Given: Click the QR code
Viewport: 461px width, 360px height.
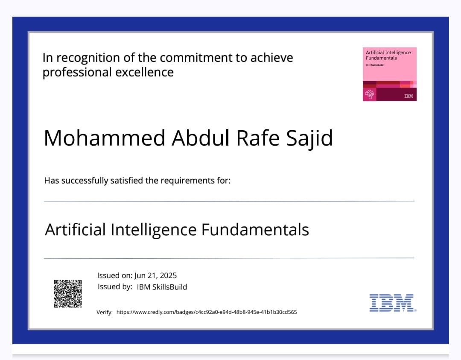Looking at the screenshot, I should (67, 293).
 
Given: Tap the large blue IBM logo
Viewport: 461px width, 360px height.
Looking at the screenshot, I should (391, 303).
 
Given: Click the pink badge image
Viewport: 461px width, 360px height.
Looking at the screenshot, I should (389, 74).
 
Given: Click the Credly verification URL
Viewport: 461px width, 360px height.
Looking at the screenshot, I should (207, 312).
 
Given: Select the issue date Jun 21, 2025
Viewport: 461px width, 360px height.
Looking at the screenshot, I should (155, 275).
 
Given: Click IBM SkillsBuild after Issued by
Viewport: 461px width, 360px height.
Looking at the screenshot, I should (162, 287).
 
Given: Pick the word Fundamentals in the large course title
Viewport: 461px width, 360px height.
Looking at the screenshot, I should (255, 230).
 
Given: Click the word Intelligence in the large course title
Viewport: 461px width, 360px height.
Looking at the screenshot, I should (153, 230).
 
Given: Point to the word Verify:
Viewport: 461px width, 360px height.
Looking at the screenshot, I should (105, 313).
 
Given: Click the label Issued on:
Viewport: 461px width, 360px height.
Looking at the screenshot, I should (115, 275).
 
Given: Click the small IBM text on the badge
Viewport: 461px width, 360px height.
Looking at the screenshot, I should (408, 96).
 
